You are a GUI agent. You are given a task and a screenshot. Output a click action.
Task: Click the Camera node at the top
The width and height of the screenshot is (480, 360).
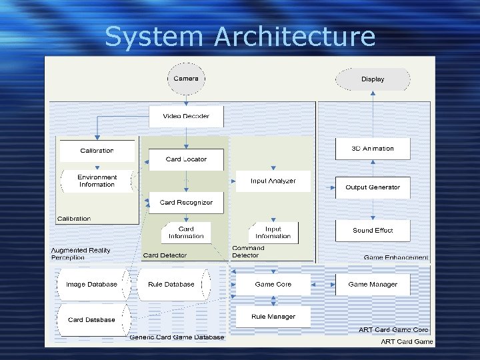point(186,79)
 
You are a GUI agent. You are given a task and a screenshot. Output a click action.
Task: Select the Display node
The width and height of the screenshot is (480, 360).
point(373,79)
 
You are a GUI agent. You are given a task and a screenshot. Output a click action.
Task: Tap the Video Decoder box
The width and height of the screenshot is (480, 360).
point(186,116)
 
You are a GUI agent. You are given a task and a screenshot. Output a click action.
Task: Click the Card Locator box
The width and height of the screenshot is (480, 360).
point(186,159)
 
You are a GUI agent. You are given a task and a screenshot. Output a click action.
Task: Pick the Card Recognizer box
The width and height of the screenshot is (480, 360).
point(186,202)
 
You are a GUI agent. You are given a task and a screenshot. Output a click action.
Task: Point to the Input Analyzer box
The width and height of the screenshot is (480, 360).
point(273,181)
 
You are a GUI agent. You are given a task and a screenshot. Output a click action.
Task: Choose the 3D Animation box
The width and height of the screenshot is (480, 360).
point(373,149)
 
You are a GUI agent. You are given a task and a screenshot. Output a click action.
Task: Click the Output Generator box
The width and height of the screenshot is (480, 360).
point(373,187)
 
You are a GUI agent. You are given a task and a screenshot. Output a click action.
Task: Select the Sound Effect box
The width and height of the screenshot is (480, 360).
point(373,231)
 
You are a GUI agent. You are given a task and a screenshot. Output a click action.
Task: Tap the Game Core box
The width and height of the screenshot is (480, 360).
point(273,285)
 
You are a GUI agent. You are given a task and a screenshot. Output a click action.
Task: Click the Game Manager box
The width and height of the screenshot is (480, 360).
point(373,285)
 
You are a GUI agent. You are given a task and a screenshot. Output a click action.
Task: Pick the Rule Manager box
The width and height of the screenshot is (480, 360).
point(273,317)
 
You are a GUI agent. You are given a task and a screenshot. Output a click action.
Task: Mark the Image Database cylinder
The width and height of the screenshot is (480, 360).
point(91,285)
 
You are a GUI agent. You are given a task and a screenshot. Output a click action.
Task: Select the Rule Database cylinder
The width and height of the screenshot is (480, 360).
point(171,285)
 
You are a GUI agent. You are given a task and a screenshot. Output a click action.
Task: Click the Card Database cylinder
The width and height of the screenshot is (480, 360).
point(91,320)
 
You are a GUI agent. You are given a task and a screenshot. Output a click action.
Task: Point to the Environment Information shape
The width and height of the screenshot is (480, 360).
point(97,181)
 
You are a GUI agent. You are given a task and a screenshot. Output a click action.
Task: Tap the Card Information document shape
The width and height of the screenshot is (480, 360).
point(186,233)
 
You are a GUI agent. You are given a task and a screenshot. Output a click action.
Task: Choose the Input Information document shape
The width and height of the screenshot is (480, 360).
point(273,233)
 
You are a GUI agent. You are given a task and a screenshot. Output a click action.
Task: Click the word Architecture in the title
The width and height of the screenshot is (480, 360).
point(295,37)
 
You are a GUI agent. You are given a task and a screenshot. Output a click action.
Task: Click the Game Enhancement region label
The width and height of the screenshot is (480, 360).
point(396,257)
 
